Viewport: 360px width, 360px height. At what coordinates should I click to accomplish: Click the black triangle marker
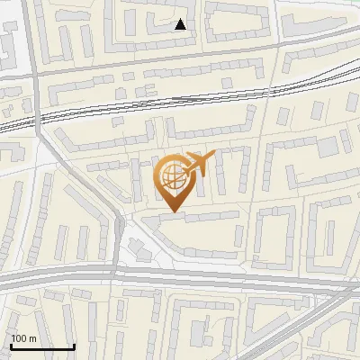[x=181, y=24]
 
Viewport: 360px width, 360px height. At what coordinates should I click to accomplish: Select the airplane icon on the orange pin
[x=200, y=163]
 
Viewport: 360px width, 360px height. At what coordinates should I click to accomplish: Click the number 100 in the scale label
[x=20, y=338]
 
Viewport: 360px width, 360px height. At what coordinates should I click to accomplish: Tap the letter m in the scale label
[x=32, y=338]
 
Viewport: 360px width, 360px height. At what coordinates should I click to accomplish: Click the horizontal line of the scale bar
[x=41, y=346]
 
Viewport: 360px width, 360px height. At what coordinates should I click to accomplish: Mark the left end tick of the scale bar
[x=10, y=345]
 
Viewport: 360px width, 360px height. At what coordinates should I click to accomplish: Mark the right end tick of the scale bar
[x=74, y=345]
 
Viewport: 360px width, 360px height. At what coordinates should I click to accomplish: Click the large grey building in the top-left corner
[x=11, y=40]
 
